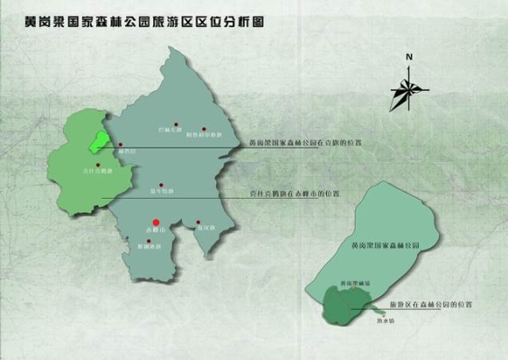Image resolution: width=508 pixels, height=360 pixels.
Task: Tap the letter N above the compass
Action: pyautogui.click(x=408, y=58)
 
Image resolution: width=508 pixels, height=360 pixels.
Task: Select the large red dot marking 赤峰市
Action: pyautogui.click(x=155, y=221)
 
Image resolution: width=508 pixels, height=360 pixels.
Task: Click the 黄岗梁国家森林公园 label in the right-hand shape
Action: pyautogui.click(x=386, y=245)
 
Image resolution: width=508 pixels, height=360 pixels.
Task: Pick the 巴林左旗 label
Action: pyautogui.click(x=169, y=131)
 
